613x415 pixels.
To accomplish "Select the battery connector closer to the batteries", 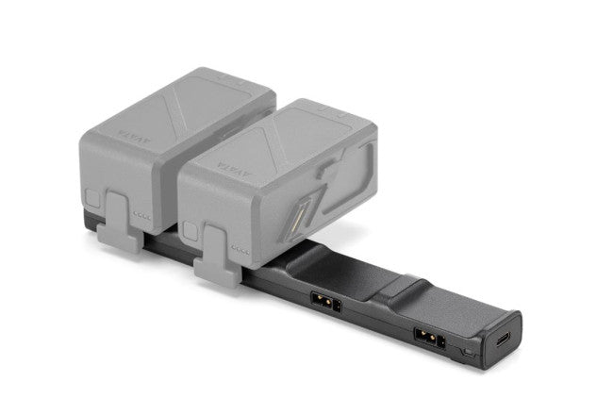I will click(x=322, y=304).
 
